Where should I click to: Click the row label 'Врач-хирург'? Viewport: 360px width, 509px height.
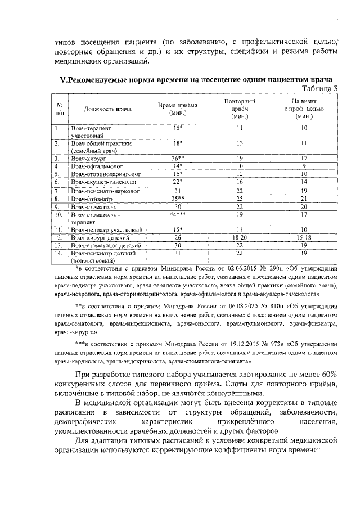[x=89, y=159]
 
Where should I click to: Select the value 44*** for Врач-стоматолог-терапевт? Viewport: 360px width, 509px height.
[x=178, y=214]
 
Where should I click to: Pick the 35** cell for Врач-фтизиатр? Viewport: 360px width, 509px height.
[x=178, y=199]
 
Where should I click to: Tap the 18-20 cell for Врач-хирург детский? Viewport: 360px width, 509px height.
[x=240, y=237]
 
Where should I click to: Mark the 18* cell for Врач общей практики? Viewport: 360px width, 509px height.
[x=178, y=143]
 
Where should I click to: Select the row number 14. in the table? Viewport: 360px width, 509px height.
[x=58, y=253]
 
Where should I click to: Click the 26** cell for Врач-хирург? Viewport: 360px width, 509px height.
[x=178, y=159]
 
